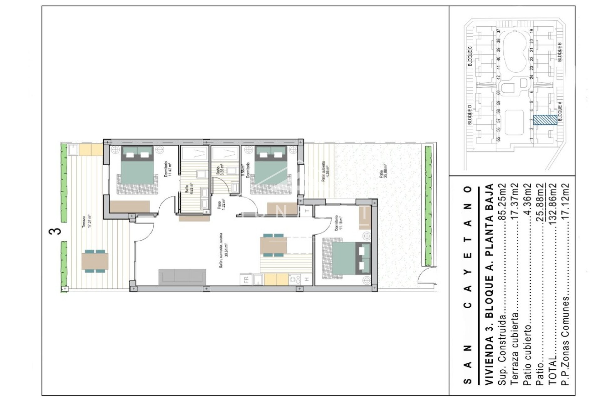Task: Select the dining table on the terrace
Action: tap(95, 261)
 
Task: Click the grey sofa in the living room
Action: tap(182, 277)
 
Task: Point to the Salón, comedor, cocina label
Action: tap(223, 251)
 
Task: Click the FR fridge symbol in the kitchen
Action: tap(246, 279)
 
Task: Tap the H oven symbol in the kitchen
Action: tap(307, 279)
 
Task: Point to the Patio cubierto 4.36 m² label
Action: tap(325, 172)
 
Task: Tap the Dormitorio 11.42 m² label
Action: tap(168, 169)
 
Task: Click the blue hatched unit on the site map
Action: tap(545, 120)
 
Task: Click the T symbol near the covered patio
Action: tap(307, 211)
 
